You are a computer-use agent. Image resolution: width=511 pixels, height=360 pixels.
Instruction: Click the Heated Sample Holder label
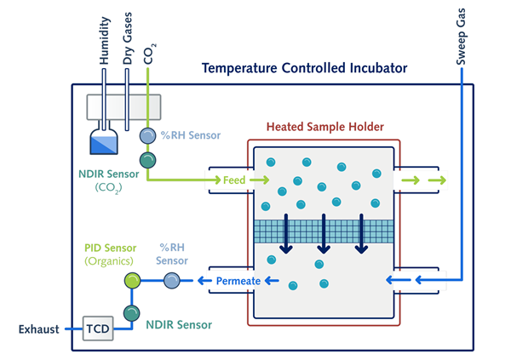(x=324, y=127)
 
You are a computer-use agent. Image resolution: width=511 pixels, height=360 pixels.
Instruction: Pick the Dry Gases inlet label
(x=128, y=37)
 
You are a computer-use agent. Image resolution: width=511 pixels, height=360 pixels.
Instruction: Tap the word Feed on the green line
(x=234, y=180)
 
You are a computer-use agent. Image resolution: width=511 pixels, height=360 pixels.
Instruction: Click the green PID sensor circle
(x=131, y=280)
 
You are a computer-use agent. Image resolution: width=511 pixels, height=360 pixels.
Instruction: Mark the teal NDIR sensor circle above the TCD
(x=131, y=311)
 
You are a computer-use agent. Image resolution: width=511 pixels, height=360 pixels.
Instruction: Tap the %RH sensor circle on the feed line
(x=148, y=135)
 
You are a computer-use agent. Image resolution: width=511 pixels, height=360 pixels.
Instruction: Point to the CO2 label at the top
(x=150, y=53)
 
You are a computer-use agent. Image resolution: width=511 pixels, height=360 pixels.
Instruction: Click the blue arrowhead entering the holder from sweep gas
(x=394, y=280)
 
